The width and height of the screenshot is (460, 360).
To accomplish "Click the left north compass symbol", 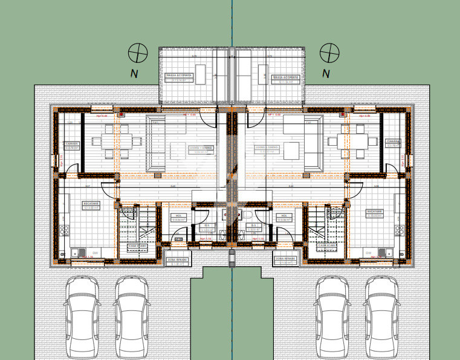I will click(138, 53).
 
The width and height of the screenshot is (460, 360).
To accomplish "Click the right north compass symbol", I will click(329, 53).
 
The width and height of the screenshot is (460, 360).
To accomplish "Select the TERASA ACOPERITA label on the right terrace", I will click(285, 78).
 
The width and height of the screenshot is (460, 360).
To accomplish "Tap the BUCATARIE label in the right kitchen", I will click(375, 213).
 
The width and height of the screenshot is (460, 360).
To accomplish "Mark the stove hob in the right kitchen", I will click(400, 228).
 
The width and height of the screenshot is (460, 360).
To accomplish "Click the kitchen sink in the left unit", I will click(76, 252).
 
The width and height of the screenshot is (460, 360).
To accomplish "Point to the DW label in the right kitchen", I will click(368, 253).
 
